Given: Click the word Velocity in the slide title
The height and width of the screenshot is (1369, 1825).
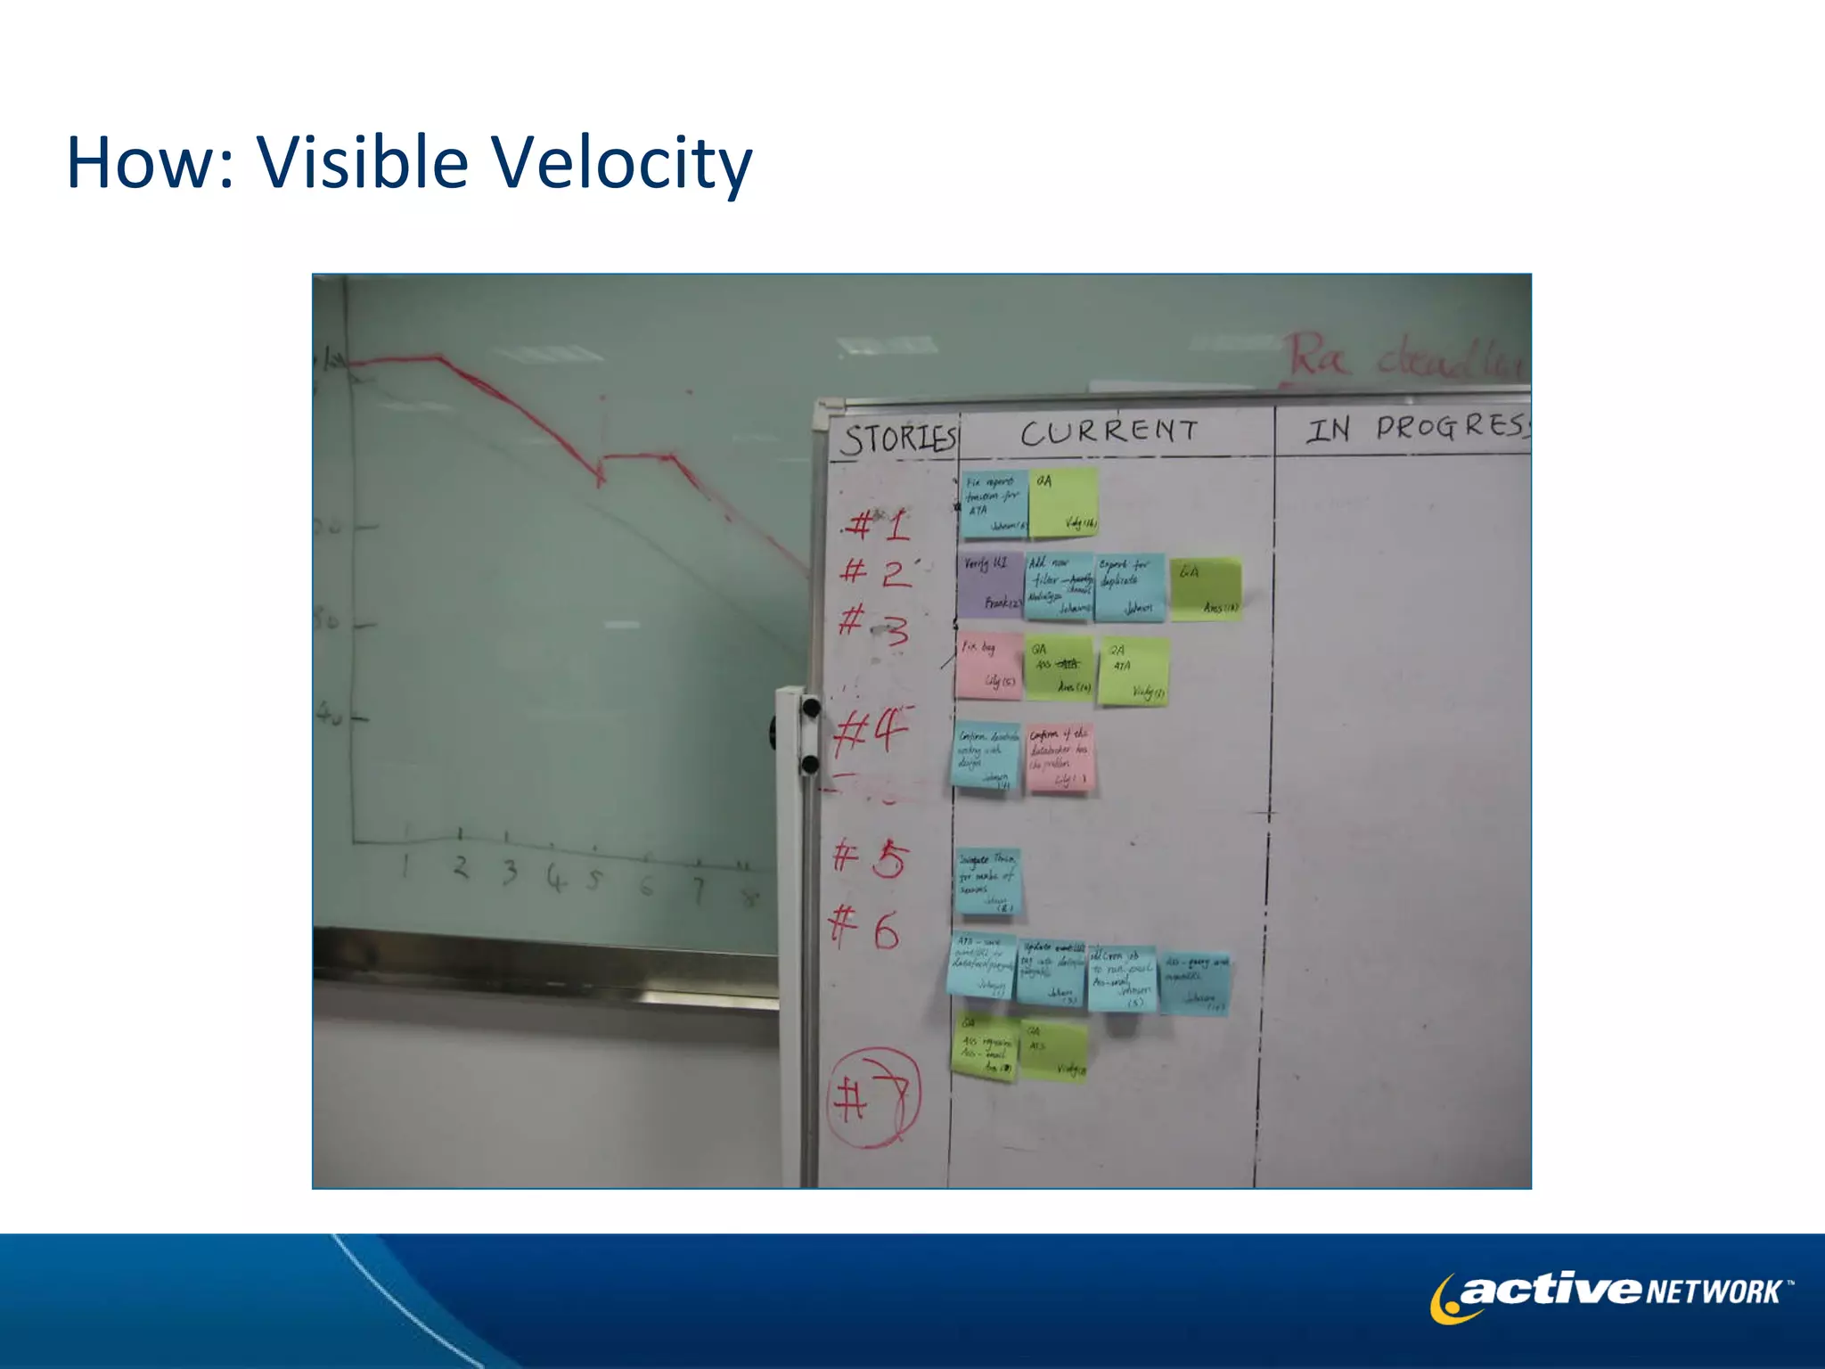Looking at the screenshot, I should pyautogui.click(x=621, y=164).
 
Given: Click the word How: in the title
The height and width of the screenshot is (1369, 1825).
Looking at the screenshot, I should pyautogui.click(x=151, y=164).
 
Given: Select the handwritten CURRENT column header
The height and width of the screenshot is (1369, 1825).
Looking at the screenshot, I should pyautogui.click(x=1109, y=432).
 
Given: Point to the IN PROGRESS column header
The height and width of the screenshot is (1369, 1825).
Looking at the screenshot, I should pyautogui.click(x=1417, y=428).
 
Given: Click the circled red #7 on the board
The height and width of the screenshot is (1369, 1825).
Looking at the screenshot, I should pyautogui.click(x=873, y=1097).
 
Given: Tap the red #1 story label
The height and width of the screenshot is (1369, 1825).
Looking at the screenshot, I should pyautogui.click(x=877, y=525).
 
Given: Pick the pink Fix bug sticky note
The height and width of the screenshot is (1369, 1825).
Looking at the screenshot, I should pyautogui.click(x=987, y=665).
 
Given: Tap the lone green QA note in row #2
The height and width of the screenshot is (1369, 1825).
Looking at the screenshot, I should pyautogui.click(x=1205, y=588).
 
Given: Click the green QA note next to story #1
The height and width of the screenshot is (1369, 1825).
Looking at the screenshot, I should pyautogui.click(x=1064, y=503).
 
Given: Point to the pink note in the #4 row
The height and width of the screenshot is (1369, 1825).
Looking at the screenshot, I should pyautogui.click(x=1059, y=758).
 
